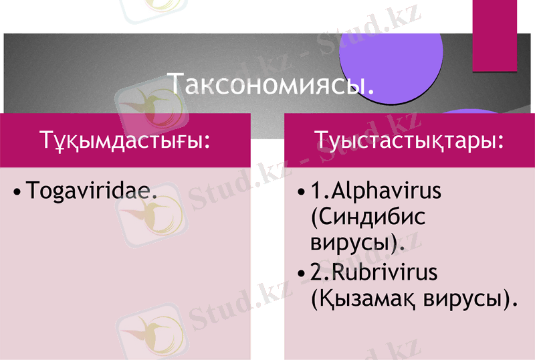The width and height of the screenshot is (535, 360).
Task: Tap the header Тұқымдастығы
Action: [x=125, y=141]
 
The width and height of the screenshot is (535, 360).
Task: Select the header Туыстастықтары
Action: [x=409, y=141]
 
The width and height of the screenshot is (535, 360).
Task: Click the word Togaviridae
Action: [x=92, y=191]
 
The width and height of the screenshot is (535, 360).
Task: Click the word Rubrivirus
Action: [x=381, y=273]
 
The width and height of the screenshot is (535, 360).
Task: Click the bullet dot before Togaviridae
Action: [x=18, y=192]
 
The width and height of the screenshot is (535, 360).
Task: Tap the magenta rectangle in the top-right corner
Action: [x=495, y=35]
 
